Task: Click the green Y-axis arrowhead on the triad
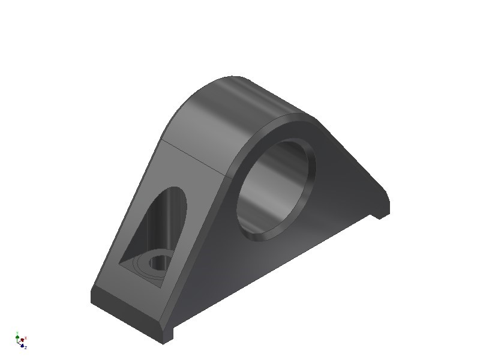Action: pos(17,337)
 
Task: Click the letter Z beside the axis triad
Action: pos(26,347)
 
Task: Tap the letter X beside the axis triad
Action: pos(26,338)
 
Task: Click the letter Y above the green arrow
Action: pos(17,332)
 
